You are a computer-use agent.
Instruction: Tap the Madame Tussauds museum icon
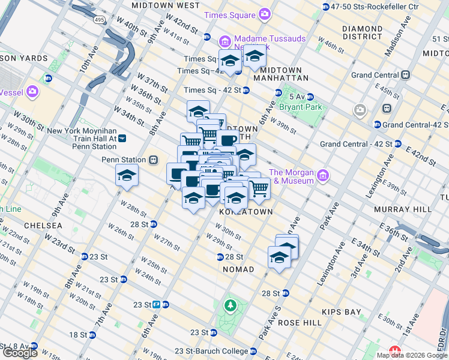tap(225, 41)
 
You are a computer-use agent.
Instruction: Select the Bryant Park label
tap(300, 107)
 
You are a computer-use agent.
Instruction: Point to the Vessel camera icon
tap(32, 92)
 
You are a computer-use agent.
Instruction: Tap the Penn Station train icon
tap(154, 160)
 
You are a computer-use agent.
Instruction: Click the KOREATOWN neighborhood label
tap(246, 212)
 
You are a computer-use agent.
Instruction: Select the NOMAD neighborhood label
tap(238, 270)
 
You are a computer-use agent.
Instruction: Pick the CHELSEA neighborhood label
tap(43, 226)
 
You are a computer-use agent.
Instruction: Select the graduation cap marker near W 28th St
tap(127, 176)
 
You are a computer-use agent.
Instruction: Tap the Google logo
tap(20, 353)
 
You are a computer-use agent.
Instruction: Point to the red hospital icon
tap(395, 350)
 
